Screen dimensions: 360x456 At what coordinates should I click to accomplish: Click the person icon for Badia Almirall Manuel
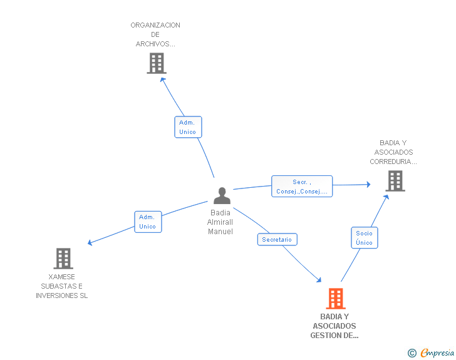pyautogui.click(x=222, y=196)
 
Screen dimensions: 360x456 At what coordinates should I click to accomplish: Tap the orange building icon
pyautogui.click(x=336, y=299)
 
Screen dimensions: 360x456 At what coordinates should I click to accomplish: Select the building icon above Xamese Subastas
pyautogui.click(x=63, y=258)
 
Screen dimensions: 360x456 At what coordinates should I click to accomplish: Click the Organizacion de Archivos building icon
pyautogui.click(x=157, y=63)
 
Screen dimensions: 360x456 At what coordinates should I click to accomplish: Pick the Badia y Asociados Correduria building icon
pyautogui.click(x=395, y=180)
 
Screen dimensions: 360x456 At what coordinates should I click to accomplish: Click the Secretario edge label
pyautogui.click(x=277, y=239)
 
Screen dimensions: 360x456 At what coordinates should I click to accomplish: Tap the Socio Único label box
pyautogui.click(x=364, y=238)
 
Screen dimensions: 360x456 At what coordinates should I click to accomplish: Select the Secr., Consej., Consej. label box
pyautogui.click(x=301, y=187)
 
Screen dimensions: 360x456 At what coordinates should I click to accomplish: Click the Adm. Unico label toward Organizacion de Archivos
pyautogui.click(x=187, y=127)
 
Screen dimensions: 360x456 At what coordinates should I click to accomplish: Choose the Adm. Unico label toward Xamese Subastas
pyautogui.click(x=148, y=222)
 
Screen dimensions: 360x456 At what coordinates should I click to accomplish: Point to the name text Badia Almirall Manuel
pyautogui.click(x=220, y=222)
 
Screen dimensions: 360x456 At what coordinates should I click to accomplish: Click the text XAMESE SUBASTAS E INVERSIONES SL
pyautogui.click(x=62, y=286)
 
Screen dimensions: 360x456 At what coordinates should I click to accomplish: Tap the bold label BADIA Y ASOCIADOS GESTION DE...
pyautogui.click(x=334, y=326)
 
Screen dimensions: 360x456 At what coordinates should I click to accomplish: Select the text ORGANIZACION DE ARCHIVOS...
pyautogui.click(x=155, y=34)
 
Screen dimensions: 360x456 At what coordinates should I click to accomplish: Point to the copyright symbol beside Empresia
pyautogui.click(x=412, y=353)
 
